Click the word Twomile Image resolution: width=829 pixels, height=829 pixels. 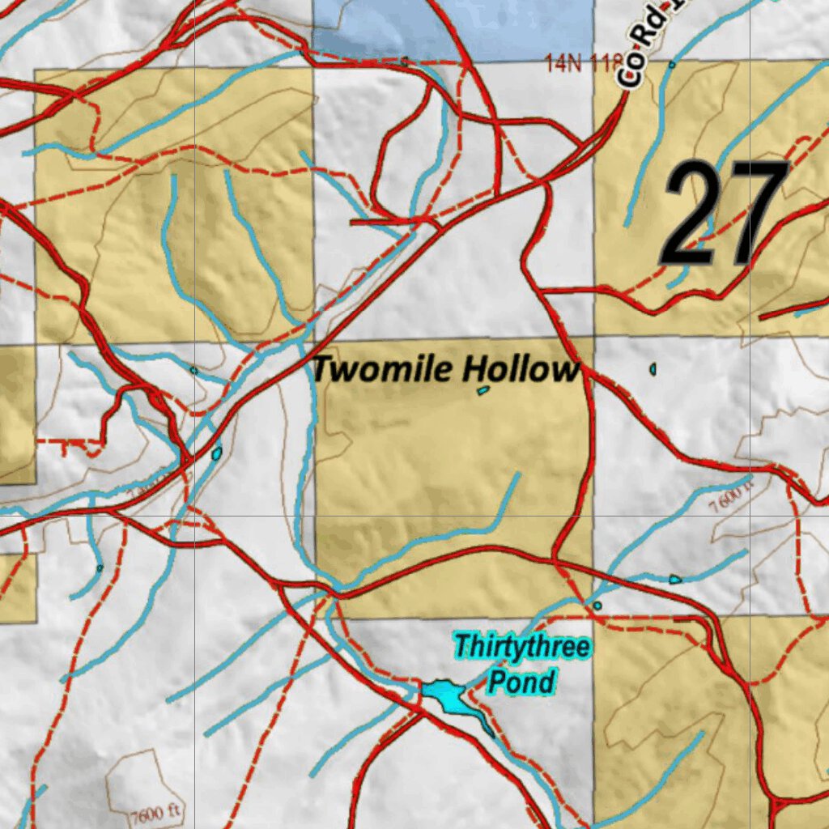coord(384,370)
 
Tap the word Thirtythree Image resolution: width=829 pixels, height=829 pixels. coord(521,648)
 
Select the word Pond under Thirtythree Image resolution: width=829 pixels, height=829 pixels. coord(521,682)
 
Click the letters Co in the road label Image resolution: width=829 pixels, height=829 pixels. coord(627,71)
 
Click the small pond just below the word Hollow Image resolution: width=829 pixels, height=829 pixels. coord(483,390)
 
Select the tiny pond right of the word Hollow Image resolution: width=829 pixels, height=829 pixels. coord(653,369)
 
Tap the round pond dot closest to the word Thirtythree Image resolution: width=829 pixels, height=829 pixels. coord(597,605)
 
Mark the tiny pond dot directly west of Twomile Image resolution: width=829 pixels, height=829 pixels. coord(193,370)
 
